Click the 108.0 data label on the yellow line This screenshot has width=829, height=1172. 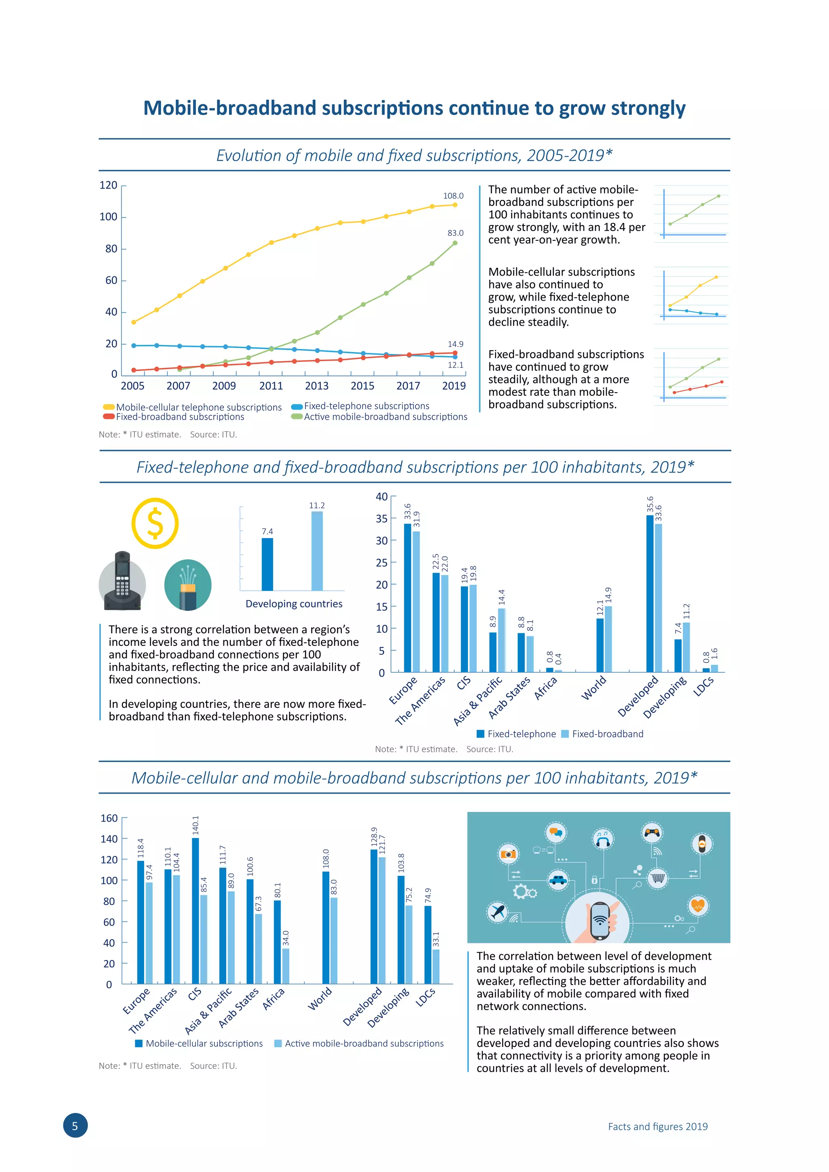click(453, 196)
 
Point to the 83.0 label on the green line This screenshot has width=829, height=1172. click(455, 233)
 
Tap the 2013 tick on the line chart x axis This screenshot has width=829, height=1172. click(317, 386)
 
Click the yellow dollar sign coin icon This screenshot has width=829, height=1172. click(155, 523)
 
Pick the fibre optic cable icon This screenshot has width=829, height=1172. click(188, 585)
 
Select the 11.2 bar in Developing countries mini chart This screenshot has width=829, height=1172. click(317, 551)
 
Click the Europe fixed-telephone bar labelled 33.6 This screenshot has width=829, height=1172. click(407, 597)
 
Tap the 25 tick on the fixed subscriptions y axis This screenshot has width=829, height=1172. click(382, 563)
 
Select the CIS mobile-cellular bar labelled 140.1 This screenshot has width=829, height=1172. click(196, 911)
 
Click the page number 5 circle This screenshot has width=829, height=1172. click(75, 1125)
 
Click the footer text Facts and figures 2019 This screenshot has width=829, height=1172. click(657, 1127)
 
